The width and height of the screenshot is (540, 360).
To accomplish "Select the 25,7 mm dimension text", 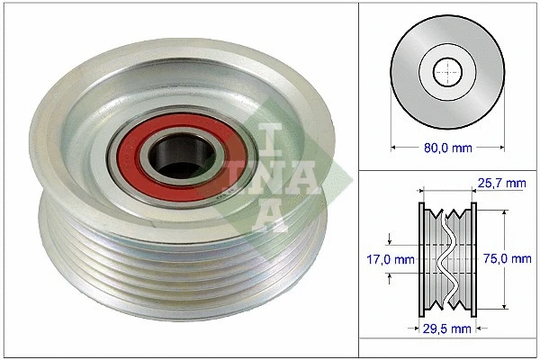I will click(501, 183).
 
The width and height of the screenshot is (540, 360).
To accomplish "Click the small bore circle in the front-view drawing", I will click(446, 70).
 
